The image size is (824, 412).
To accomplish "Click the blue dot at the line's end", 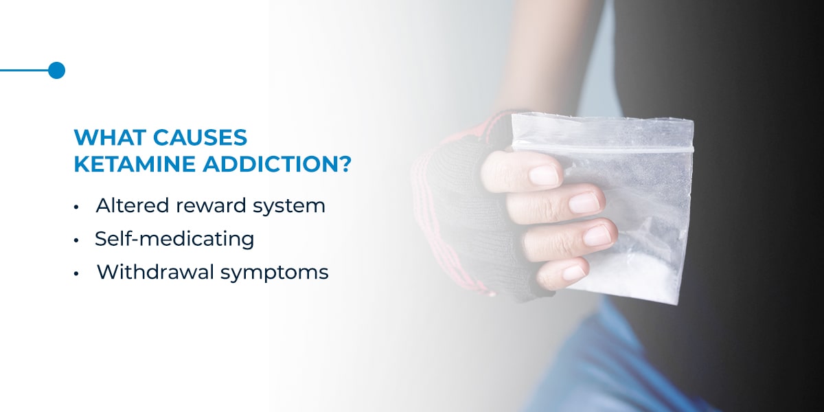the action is point(56,70).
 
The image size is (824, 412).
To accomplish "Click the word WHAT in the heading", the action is point(110,137).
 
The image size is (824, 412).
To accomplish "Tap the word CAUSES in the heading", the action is point(200,137).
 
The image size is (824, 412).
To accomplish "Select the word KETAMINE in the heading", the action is point(135,164).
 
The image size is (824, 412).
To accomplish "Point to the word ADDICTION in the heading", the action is point(269,164).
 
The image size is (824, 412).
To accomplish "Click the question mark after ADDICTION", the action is point(344,164).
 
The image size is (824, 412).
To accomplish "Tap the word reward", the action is point(211,206).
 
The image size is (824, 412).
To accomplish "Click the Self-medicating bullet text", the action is point(174,239).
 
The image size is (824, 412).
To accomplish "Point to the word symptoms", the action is point(275,274).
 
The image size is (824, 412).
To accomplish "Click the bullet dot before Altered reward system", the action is point(76,207).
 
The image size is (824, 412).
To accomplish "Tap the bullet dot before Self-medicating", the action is point(76,240).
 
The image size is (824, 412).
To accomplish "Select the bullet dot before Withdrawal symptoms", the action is point(76,274).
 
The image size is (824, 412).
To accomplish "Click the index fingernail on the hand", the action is point(544,174).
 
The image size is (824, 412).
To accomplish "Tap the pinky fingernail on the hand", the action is point(574,273).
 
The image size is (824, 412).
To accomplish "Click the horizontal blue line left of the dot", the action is point(24,70).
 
